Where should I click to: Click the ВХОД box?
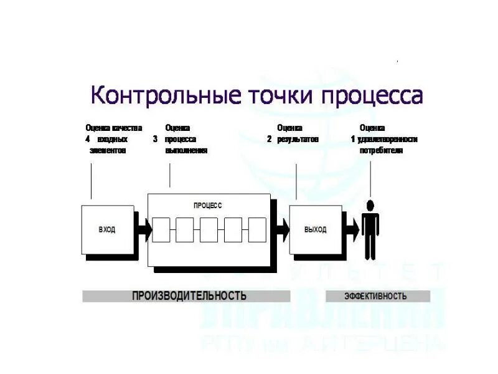[107, 229]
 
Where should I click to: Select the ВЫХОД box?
[315, 229]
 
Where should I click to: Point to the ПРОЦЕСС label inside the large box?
[208, 205]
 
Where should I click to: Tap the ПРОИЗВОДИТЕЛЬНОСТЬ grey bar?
[187, 295]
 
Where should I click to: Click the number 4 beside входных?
[88, 140]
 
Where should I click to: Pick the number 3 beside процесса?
[155, 140]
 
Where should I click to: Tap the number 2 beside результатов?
[270, 140]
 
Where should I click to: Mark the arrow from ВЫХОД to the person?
[352, 230]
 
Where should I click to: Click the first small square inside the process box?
[161, 230]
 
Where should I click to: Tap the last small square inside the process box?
[257, 230]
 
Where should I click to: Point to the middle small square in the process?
[209, 230]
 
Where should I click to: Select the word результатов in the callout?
[298, 140]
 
